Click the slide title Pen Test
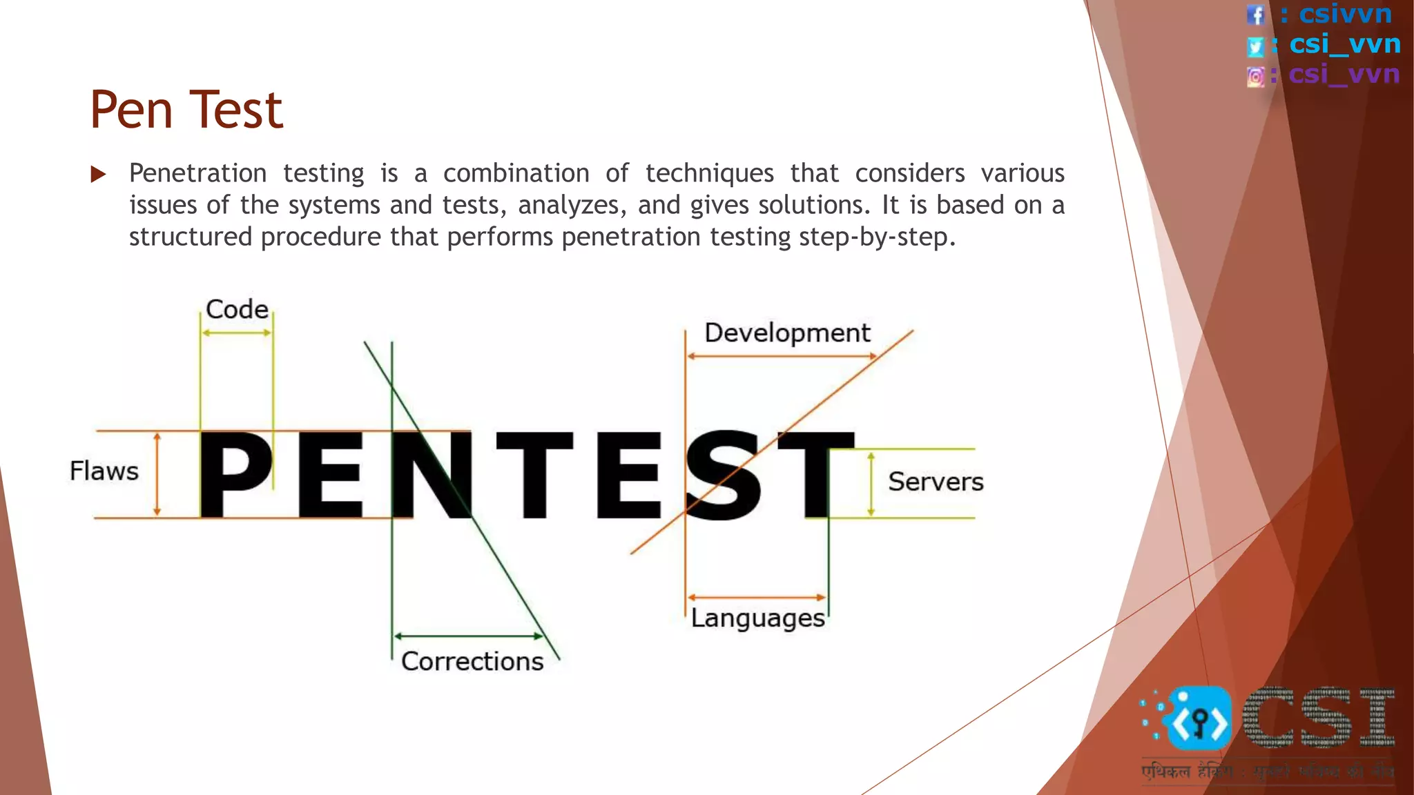pyautogui.click(x=186, y=110)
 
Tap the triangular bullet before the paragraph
pyautogui.click(x=98, y=174)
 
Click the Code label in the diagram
pyautogui.click(x=237, y=309)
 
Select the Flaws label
pyautogui.click(x=104, y=471)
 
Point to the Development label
pyautogui.click(x=787, y=333)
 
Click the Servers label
pyautogui.click(x=936, y=482)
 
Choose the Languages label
pyautogui.click(x=758, y=618)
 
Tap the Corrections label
pyautogui.click(x=472, y=662)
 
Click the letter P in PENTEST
pyautogui.click(x=235, y=475)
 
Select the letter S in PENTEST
pyautogui.click(x=724, y=475)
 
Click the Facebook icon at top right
pyautogui.click(x=1256, y=14)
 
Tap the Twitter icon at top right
pyautogui.click(x=1256, y=46)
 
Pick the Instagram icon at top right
pyautogui.click(x=1256, y=77)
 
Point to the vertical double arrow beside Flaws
pyautogui.click(x=157, y=475)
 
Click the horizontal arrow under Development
pyautogui.click(x=782, y=357)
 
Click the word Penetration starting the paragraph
pyautogui.click(x=198, y=173)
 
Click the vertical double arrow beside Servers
pyautogui.click(x=871, y=484)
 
